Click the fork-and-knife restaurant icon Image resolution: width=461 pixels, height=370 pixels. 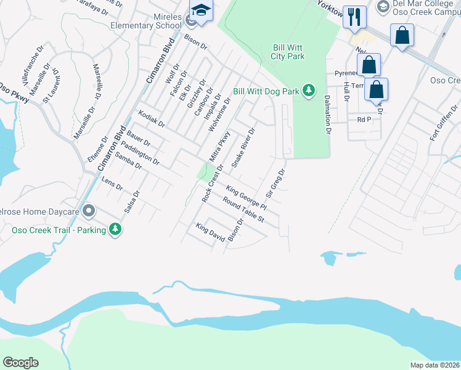[354, 17]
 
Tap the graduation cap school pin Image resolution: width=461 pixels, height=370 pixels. [201, 10]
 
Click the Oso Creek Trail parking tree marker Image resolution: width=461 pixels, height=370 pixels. [115, 229]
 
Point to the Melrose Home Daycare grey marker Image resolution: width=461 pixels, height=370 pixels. [89, 212]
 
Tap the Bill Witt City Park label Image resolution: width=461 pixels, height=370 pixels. [288, 52]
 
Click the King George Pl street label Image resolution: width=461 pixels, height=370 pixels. [246, 197]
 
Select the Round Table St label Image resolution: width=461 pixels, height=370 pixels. [243, 211]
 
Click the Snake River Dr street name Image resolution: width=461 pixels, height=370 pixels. [243, 148]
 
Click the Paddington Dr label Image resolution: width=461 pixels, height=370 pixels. [141, 154]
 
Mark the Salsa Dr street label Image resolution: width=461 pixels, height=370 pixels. [132, 201]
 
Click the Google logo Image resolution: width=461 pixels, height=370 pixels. [20, 363]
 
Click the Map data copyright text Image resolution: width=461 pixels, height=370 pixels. [434, 365]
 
